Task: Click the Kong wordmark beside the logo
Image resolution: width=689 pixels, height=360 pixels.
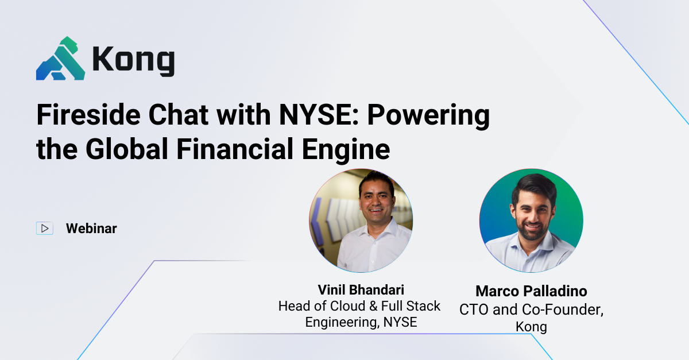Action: [x=133, y=60]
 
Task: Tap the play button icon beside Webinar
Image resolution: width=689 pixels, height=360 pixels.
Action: [x=44, y=229]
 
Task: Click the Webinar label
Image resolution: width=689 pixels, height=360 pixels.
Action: [x=91, y=229]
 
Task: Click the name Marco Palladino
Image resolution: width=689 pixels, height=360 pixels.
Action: [x=531, y=291]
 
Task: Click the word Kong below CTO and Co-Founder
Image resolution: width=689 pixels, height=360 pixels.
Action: [x=531, y=327]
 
